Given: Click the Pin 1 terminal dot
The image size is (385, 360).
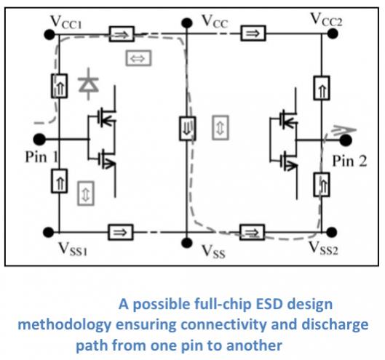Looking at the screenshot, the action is click(39, 140).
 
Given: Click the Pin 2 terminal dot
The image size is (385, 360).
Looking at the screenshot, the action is click(346, 140).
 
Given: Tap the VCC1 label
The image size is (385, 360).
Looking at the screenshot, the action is click(66, 22).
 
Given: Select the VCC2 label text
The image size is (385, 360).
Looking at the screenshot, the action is click(326, 20).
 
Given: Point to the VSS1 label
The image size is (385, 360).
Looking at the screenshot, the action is click(73, 249).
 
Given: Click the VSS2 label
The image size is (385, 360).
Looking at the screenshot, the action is click(323, 247).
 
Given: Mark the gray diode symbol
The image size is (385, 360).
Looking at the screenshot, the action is click(89, 84).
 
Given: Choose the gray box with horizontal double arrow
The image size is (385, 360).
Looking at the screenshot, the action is click(138, 58).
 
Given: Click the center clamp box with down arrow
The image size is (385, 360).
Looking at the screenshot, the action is click(187, 129).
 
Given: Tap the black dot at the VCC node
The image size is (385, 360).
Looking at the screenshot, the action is click(187, 23).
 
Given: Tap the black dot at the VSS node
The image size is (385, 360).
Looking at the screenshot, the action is click(186, 243).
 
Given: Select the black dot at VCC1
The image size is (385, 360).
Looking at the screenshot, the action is click(49, 34).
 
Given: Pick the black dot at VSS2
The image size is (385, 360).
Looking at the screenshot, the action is click(331, 232).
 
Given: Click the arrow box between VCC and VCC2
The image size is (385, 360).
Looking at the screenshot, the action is click(253, 33).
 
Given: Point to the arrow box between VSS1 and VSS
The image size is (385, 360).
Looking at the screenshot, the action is click(121, 232).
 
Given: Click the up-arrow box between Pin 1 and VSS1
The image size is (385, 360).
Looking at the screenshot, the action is click(59, 181).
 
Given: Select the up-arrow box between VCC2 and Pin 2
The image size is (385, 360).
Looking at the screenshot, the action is click(322, 88).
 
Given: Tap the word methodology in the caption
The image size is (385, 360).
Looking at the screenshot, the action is click(65, 325).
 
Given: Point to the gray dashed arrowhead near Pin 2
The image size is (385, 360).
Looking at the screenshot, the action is click(344, 129).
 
